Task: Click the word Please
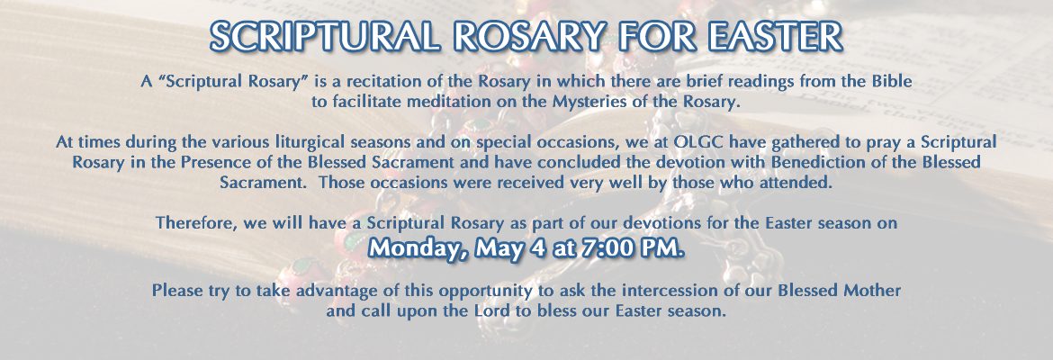tap(174, 291)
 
